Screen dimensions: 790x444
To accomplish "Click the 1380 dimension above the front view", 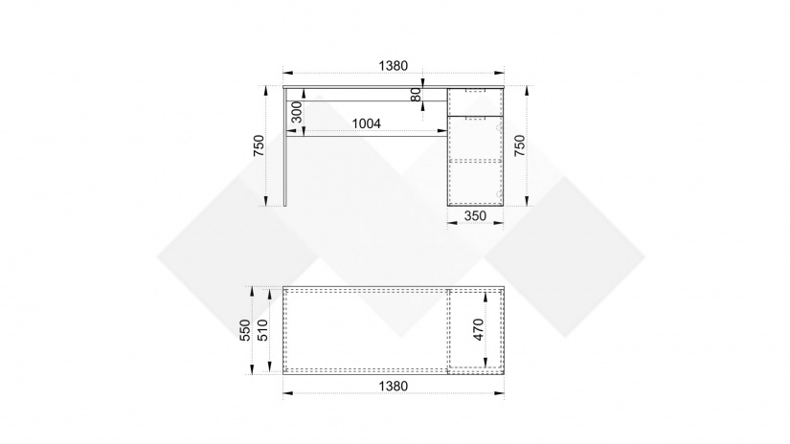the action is pyautogui.click(x=393, y=66).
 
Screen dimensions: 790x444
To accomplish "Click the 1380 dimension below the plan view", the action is pyautogui.click(x=393, y=387).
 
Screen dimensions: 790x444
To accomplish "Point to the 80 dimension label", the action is pyautogui.click(x=417, y=94).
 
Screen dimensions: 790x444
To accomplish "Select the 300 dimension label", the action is pyautogui.click(x=297, y=112).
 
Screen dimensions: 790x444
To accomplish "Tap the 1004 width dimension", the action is pyautogui.click(x=367, y=123).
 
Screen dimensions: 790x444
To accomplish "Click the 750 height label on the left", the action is pyautogui.click(x=259, y=145).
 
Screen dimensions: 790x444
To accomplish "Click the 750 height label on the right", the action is pyautogui.click(x=519, y=145).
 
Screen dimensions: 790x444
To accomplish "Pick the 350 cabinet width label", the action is pyautogui.click(x=475, y=216).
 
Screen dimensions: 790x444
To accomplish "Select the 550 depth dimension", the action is pyautogui.click(x=245, y=330).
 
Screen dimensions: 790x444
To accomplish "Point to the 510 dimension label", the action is pyautogui.click(x=263, y=330).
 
